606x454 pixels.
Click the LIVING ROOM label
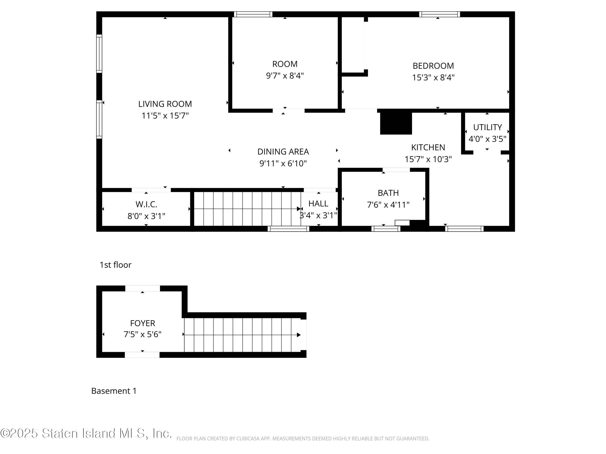click(x=165, y=104)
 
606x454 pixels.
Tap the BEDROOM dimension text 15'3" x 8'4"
click(x=433, y=77)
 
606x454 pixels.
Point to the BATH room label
click(x=388, y=193)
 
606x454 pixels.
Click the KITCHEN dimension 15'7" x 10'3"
click(x=428, y=159)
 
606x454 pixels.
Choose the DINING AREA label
click(x=283, y=152)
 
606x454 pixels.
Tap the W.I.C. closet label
click(x=146, y=204)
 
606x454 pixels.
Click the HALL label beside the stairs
click(x=318, y=204)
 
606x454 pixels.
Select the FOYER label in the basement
click(x=142, y=323)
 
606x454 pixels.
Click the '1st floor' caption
click(x=115, y=265)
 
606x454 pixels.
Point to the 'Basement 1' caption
click(x=114, y=391)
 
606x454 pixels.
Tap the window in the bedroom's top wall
click(x=439, y=14)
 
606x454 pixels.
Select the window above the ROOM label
click(x=253, y=14)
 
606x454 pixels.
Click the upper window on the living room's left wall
click(x=99, y=54)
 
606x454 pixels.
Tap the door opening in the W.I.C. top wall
click(x=151, y=190)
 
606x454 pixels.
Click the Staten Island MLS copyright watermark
click(x=86, y=433)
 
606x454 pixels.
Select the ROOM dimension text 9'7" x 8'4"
click(x=285, y=75)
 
